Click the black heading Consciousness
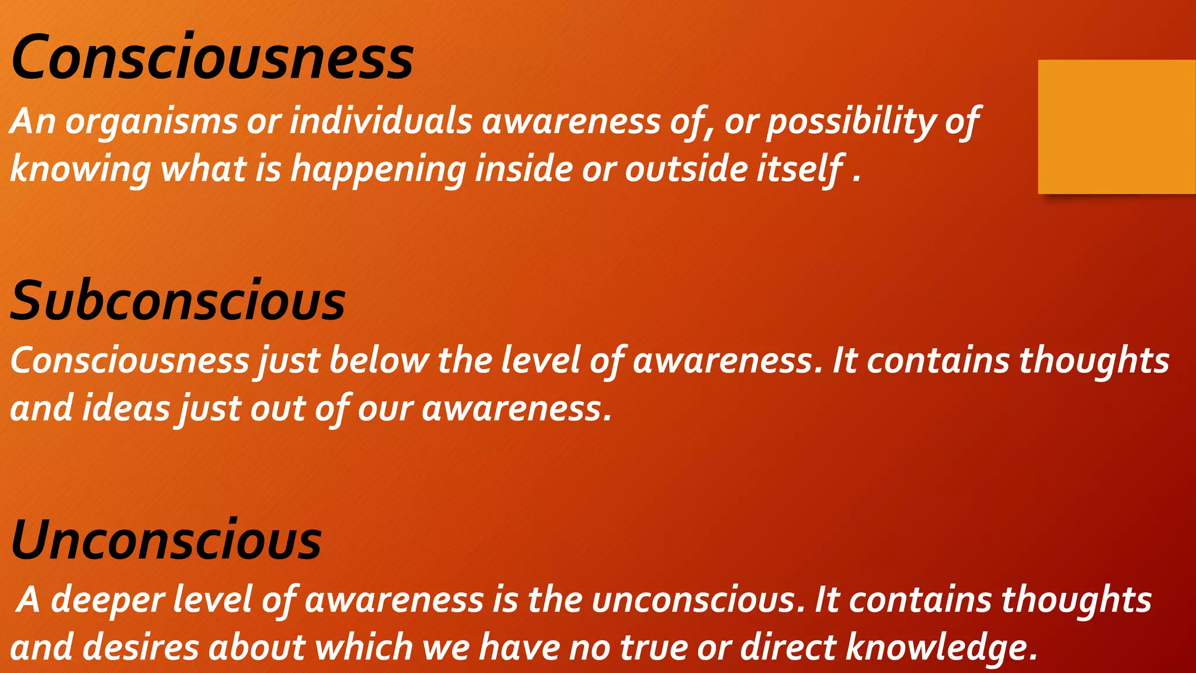tap(212, 57)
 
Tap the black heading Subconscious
tap(178, 301)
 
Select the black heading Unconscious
tap(166, 540)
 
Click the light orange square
tap(1116, 126)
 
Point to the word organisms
tap(151, 122)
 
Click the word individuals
tap(381, 122)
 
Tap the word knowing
tap(80, 169)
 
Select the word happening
tap(378, 169)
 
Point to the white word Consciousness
tap(130, 360)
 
